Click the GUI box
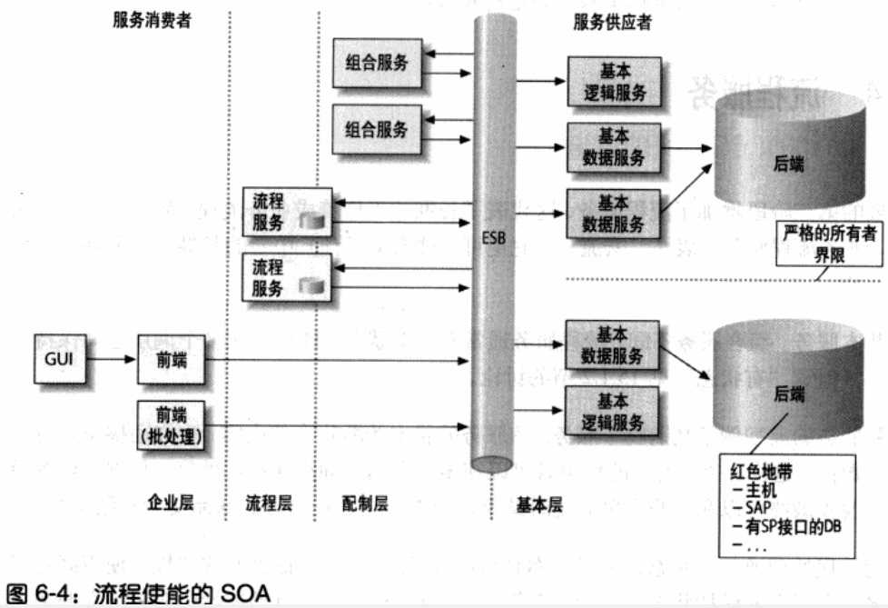[60, 359]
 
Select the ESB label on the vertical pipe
[493, 238]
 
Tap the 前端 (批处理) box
[171, 425]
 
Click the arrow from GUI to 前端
[111, 359]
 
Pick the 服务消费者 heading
[152, 20]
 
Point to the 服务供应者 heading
[612, 22]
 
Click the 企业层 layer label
[171, 502]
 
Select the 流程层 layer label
[269, 503]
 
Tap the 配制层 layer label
[365, 503]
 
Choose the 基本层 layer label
[539, 504]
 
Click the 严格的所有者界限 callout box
[829, 244]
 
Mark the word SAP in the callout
[758, 508]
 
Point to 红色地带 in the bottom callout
[761, 472]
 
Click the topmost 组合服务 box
[377, 63]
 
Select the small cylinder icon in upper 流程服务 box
[312, 220]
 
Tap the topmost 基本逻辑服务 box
[615, 82]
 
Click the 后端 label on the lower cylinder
[789, 394]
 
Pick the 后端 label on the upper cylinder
[789, 164]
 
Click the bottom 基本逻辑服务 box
[612, 411]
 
